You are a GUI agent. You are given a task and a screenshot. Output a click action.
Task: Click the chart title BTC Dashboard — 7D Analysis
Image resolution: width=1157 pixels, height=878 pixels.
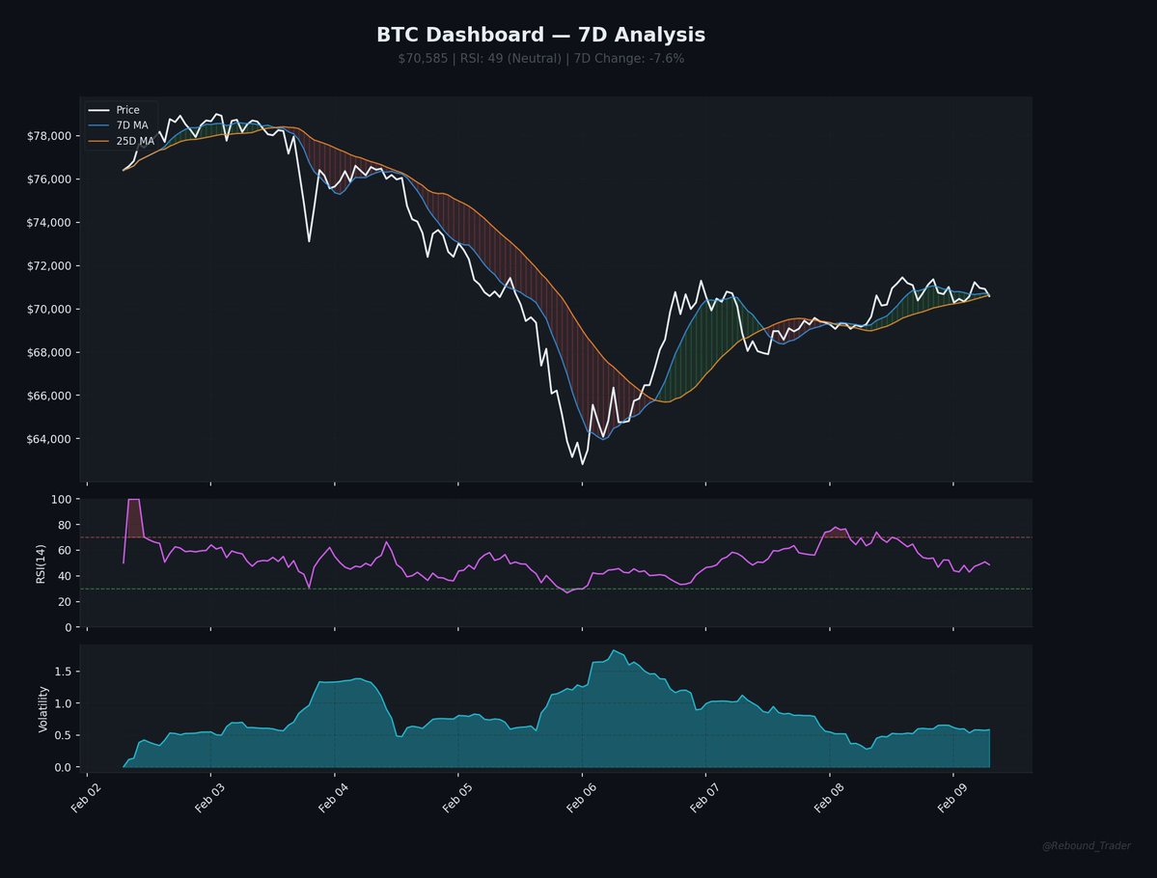point(540,36)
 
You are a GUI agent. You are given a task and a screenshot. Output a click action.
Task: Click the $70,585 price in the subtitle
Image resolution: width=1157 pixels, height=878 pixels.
point(423,59)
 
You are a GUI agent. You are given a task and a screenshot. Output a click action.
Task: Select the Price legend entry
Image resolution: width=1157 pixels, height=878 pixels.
point(127,110)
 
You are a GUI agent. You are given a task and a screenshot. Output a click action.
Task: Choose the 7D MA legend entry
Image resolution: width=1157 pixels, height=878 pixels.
point(132,125)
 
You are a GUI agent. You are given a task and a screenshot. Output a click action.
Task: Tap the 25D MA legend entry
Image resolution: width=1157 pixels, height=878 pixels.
point(134,141)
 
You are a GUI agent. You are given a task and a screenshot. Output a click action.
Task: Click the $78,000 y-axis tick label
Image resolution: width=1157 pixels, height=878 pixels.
point(49,136)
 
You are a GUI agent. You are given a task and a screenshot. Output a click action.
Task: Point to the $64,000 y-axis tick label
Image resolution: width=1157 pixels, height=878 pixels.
point(49,439)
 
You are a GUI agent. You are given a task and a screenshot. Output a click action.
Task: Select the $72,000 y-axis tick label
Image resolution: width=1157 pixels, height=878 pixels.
point(49,266)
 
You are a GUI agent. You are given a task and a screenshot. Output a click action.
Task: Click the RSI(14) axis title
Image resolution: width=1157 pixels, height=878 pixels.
point(41,562)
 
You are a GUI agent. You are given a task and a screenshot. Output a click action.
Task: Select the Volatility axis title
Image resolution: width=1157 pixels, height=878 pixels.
point(42,708)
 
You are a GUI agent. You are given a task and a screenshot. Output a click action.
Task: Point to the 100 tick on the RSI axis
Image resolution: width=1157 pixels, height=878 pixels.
point(62,499)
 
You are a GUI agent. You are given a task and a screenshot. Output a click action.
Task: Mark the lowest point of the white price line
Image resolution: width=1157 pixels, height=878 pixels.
point(582,464)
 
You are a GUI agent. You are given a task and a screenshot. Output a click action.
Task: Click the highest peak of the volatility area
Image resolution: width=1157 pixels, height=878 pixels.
point(615,650)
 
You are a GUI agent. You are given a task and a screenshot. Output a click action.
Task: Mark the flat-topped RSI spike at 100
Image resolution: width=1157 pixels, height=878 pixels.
point(134,500)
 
